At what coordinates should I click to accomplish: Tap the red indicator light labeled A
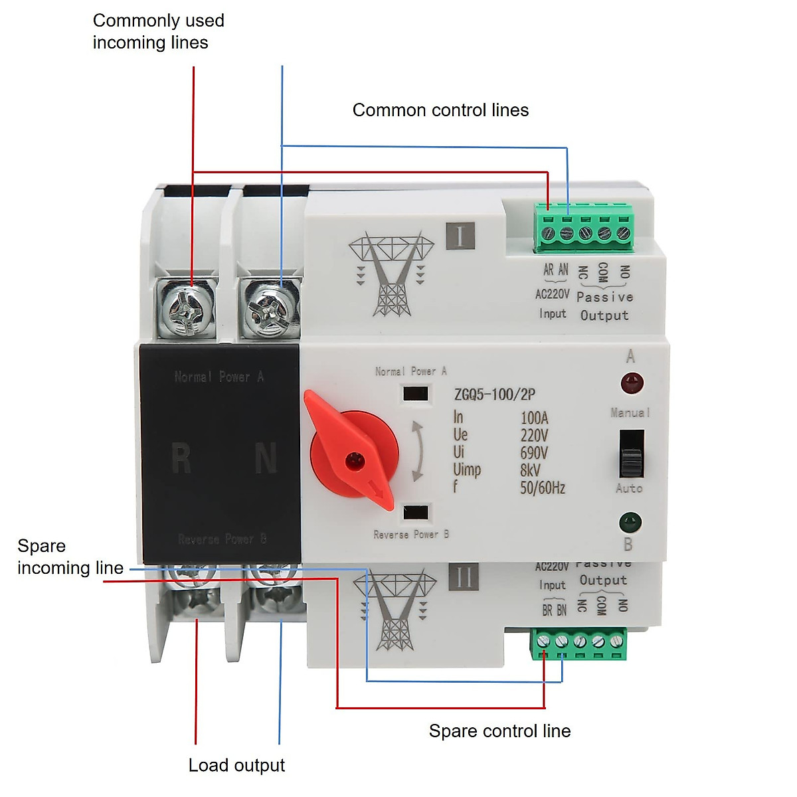[x=631, y=383]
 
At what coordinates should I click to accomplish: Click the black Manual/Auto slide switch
[x=632, y=454]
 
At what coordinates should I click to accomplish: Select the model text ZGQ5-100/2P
[x=495, y=395]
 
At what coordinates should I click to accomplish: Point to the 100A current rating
[x=534, y=418]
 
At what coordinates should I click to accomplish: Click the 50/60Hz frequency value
[x=542, y=488]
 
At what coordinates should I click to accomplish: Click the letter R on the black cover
[x=181, y=458]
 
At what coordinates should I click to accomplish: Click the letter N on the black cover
[x=266, y=458]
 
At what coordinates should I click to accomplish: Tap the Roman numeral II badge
[x=463, y=577]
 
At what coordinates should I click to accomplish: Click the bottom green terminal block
[x=578, y=644]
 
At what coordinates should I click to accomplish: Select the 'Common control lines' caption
[x=440, y=110]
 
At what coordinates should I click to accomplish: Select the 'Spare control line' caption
[x=499, y=731]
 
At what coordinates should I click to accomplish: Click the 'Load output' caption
[x=236, y=765]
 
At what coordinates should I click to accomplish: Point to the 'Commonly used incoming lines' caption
[x=158, y=31]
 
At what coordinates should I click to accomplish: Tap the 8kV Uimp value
[x=530, y=470]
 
